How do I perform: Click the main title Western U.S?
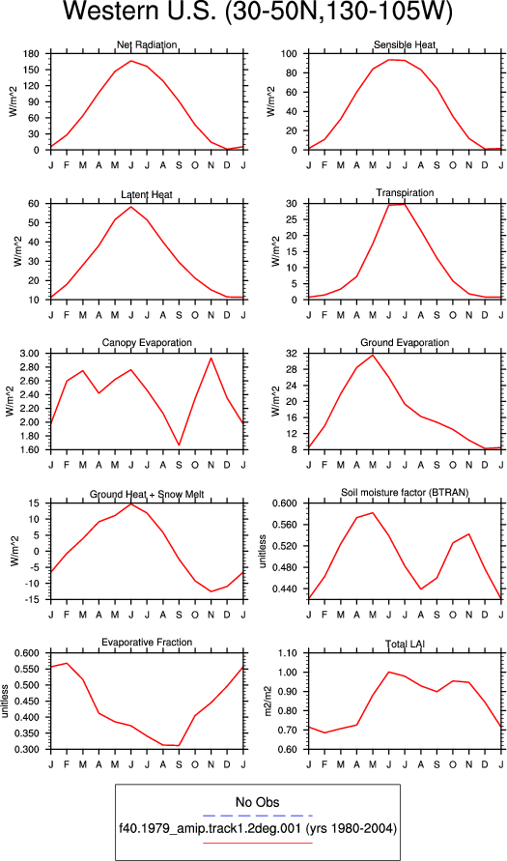click(140, 13)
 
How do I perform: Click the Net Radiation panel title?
click(147, 45)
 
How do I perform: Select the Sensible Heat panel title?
click(405, 44)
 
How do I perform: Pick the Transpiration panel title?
click(405, 192)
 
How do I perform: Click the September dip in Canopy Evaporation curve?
click(180, 445)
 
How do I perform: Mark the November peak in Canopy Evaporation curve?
click(211, 358)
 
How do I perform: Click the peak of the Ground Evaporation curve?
click(373, 355)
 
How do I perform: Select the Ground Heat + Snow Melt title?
click(147, 495)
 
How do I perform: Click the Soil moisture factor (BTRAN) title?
click(405, 493)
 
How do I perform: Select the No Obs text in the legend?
click(257, 802)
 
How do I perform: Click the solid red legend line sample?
click(257, 843)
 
